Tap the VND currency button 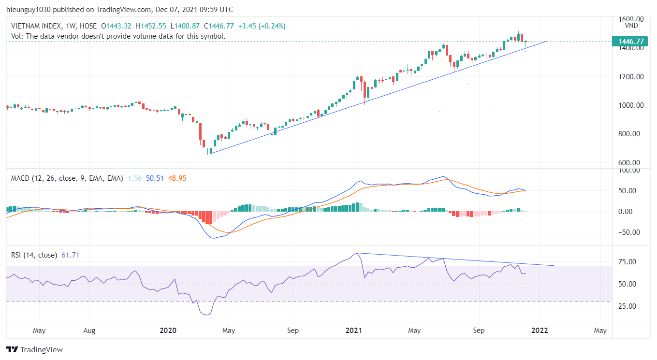tap(631, 25)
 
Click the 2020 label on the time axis tap(168, 331)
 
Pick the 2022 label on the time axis tap(540, 331)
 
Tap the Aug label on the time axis tap(89, 331)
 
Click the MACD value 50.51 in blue tap(154, 178)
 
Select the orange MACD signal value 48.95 tap(177, 178)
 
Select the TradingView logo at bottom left tap(34, 349)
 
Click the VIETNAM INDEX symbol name tap(37, 26)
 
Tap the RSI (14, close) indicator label tap(34, 255)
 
